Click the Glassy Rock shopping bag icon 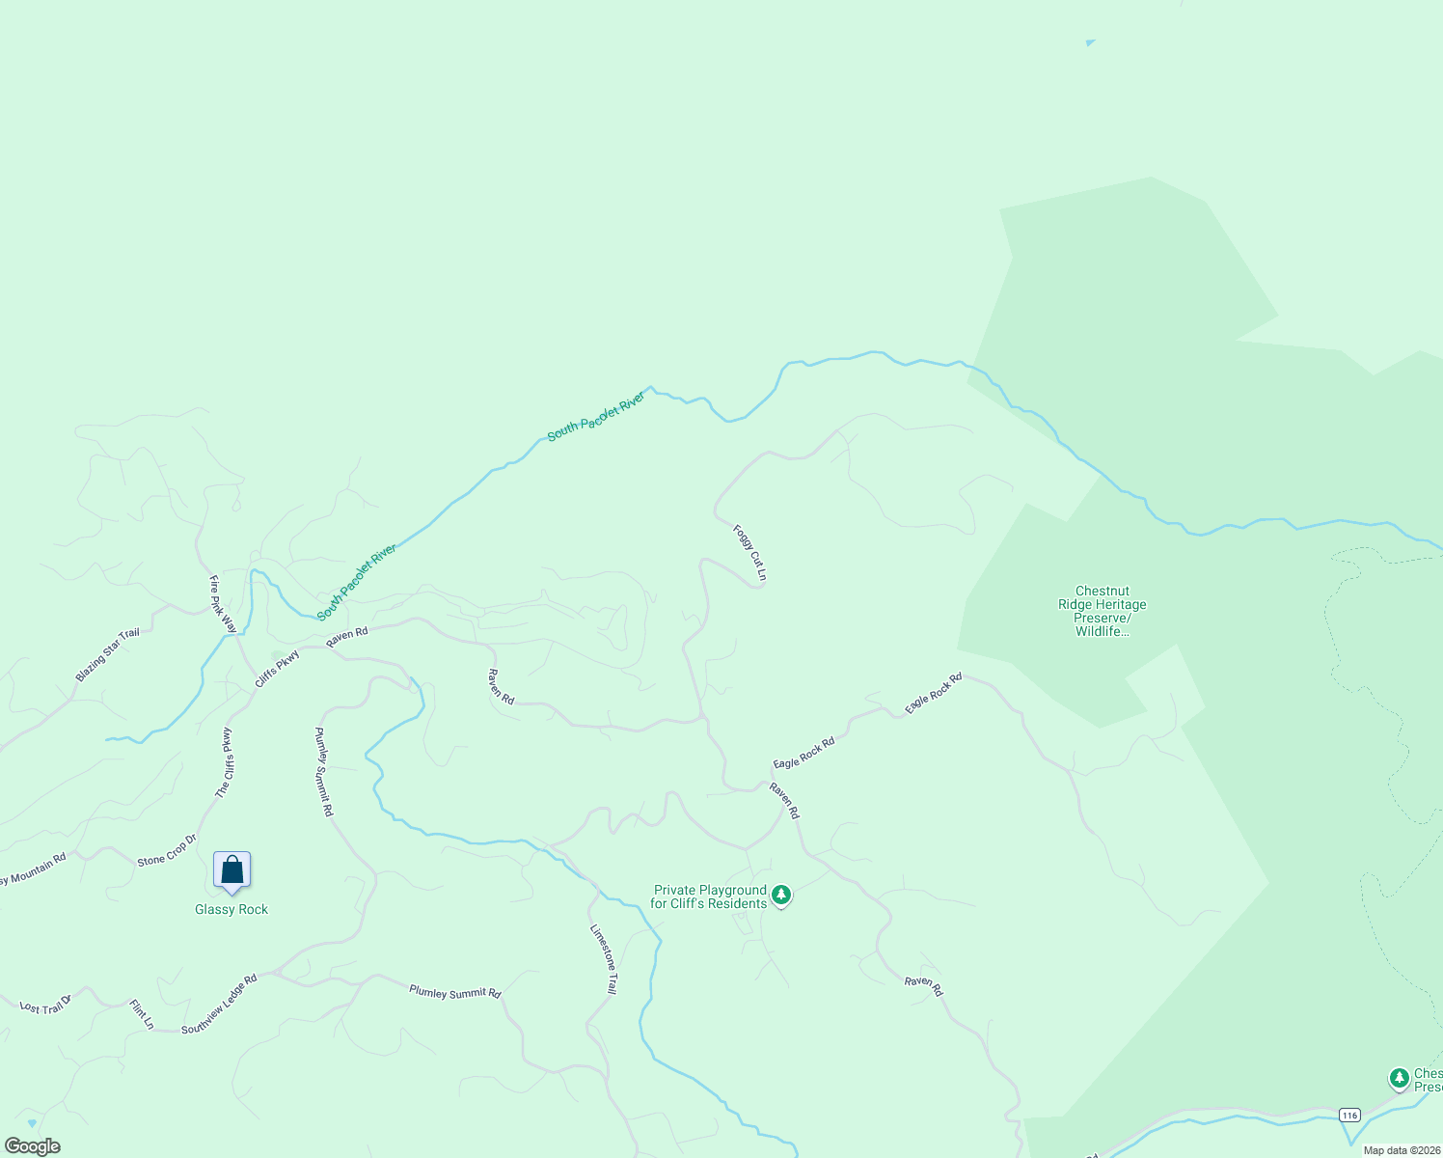pos(231,870)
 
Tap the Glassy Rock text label pos(231,910)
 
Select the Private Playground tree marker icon pos(781,896)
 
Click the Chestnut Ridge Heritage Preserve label pos(1102,611)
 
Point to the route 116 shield pos(1348,1115)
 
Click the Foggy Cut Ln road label pos(749,553)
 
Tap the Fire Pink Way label pos(223,604)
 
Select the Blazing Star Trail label pos(108,654)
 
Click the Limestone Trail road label pos(604,959)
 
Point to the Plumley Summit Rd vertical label pos(324,772)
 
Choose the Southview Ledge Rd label pos(219,1005)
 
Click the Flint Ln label pos(142,1014)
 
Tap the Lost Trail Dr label pos(46,1005)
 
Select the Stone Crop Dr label pos(167,849)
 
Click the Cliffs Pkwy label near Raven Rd pos(277,669)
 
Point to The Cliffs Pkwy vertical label pos(224,762)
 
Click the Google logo pos(32,1146)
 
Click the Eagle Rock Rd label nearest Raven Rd pos(803,754)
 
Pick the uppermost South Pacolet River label pos(596,417)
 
